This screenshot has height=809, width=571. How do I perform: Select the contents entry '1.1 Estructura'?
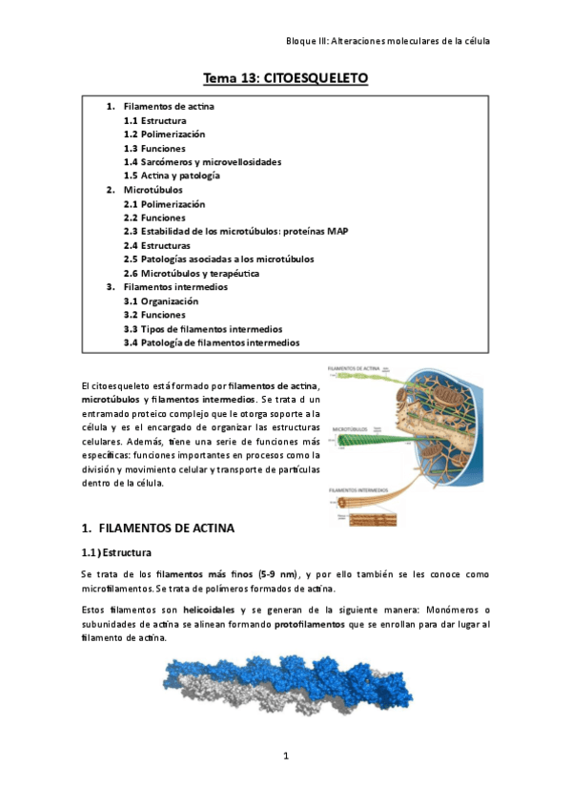pos(154,121)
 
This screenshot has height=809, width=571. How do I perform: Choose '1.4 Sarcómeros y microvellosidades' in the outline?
pos(202,162)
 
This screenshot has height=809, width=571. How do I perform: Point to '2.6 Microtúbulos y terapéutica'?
pos(192,273)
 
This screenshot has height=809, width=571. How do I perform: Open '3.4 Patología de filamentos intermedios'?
pos(212,342)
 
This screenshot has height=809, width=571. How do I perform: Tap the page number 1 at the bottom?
pos(285,757)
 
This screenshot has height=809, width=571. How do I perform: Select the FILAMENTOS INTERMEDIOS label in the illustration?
pos(359,489)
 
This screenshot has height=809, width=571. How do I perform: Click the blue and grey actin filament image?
pos(285,688)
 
